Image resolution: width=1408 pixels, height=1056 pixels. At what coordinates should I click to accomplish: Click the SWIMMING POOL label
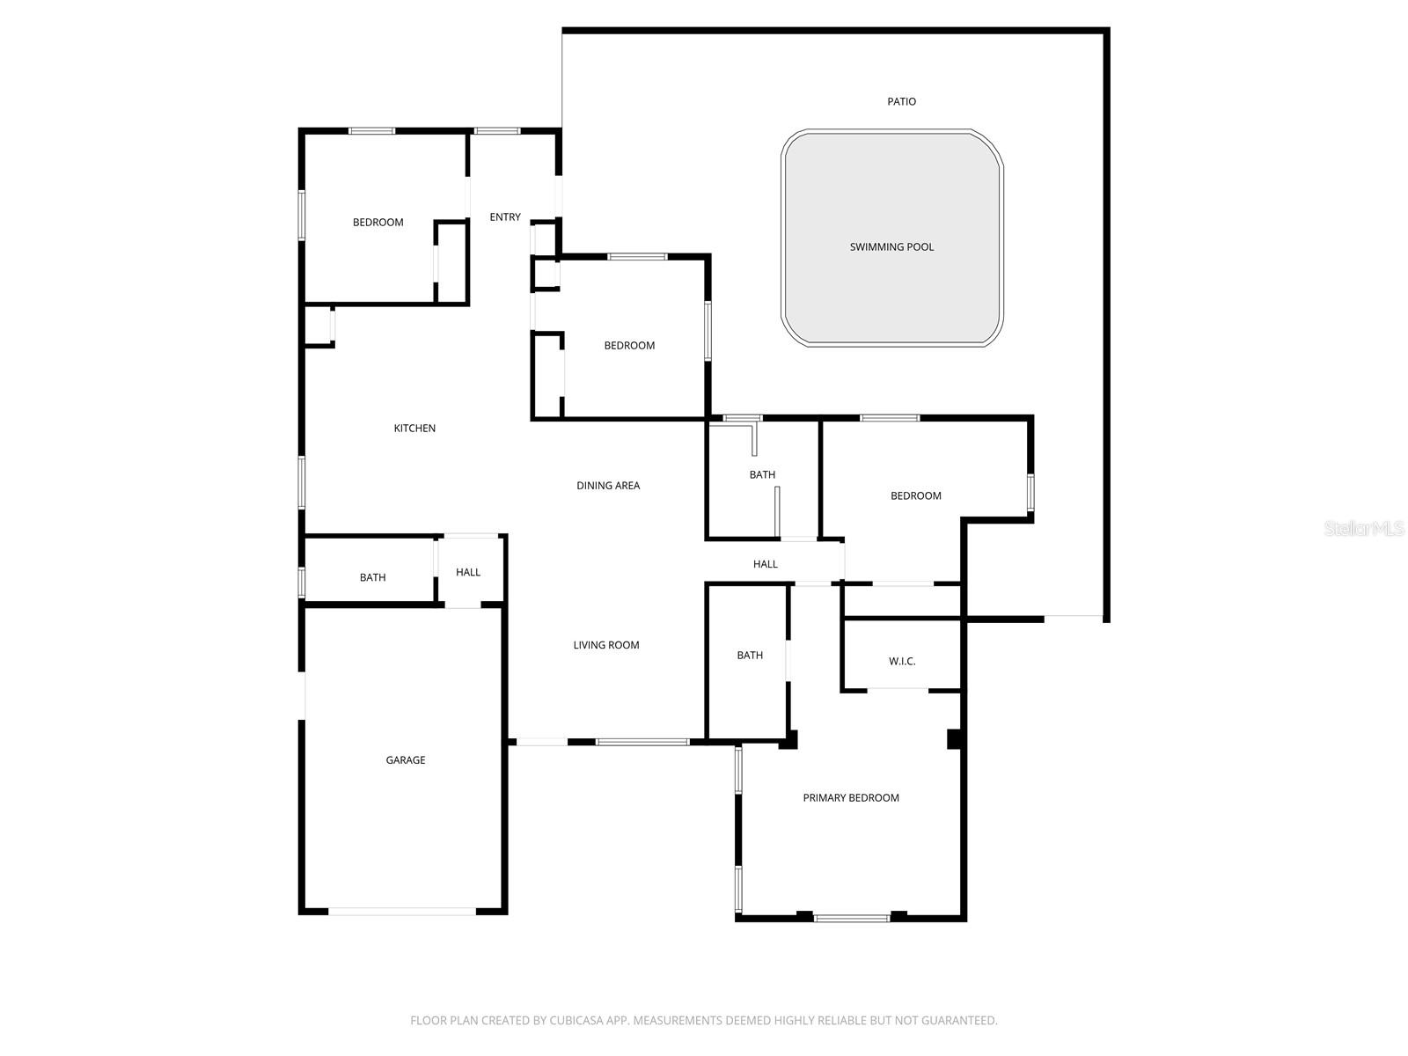click(891, 247)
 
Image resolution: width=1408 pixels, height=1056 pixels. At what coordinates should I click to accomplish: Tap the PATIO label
click(901, 102)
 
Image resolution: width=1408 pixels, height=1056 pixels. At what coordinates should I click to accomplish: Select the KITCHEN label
click(414, 429)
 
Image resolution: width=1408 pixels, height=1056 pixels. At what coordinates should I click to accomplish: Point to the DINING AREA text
click(608, 486)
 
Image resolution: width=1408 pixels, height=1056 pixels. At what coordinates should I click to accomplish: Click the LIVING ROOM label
click(606, 645)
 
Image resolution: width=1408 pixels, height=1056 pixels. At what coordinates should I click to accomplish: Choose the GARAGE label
click(406, 760)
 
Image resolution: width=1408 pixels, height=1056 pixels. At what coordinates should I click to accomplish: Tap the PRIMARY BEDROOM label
click(851, 798)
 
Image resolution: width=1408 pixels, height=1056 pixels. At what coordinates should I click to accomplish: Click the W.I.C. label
click(902, 662)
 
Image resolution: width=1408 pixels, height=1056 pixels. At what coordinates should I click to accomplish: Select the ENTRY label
click(505, 217)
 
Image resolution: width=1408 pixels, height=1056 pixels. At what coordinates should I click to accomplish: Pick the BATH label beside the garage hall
click(372, 578)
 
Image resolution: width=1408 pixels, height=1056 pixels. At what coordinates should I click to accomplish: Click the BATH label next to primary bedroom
click(750, 656)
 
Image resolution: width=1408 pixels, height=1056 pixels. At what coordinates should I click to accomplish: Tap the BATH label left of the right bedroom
click(762, 475)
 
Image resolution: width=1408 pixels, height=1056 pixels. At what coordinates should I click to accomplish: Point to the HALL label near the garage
click(468, 573)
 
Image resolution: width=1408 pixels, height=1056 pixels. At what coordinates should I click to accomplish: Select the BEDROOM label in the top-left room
click(378, 223)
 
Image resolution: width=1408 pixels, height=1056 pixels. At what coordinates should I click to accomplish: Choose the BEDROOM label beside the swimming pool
click(629, 346)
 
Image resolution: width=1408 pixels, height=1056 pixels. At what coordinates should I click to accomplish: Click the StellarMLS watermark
click(1365, 529)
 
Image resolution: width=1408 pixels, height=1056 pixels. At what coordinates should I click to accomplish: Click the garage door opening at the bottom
click(403, 912)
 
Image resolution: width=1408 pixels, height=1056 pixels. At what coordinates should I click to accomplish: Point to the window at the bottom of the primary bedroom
click(851, 919)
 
